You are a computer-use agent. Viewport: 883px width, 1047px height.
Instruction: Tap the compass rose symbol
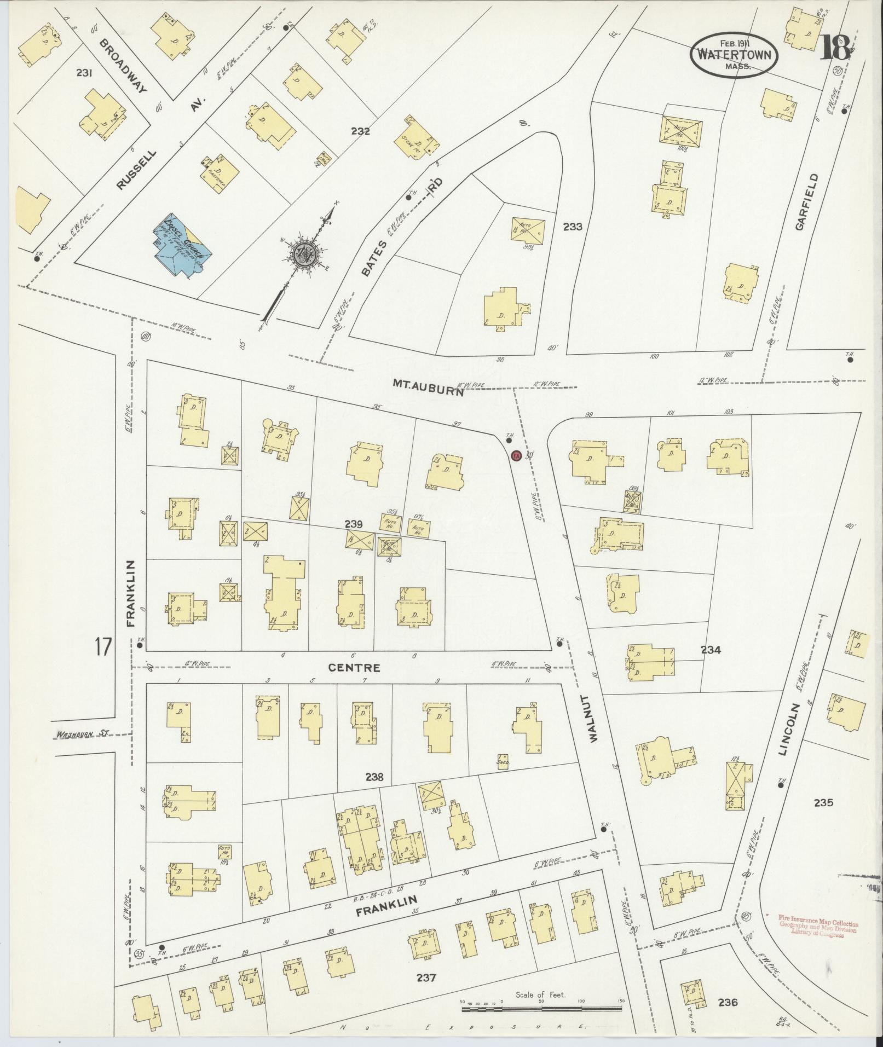tap(302, 252)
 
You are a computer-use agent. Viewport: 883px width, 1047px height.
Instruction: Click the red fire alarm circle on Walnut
tap(515, 455)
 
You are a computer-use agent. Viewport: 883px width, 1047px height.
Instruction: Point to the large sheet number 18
tap(835, 48)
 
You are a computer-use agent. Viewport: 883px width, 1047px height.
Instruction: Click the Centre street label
tap(354, 668)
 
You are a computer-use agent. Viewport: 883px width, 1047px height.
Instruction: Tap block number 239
tap(354, 523)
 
